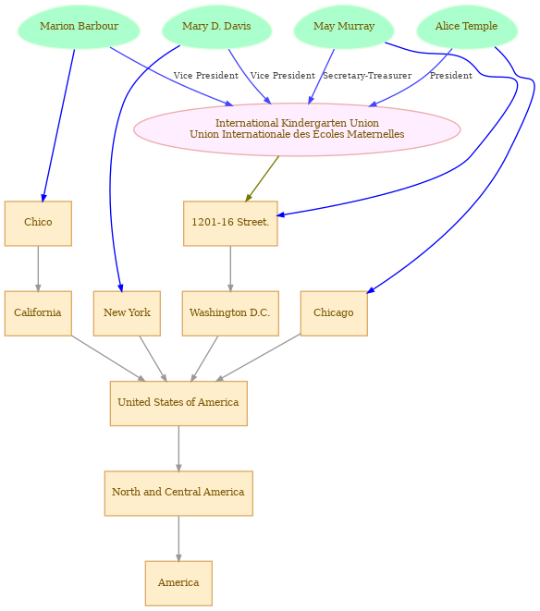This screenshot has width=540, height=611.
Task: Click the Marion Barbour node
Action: (x=79, y=27)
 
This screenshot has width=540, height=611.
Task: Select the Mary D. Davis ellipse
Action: (x=216, y=27)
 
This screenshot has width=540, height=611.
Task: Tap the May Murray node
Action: (x=344, y=27)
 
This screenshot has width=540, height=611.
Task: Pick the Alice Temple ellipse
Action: (x=467, y=27)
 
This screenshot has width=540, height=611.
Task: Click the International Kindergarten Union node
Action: (x=297, y=129)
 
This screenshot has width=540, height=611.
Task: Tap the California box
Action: (x=38, y=313)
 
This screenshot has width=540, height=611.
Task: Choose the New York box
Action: (x=127, y=313)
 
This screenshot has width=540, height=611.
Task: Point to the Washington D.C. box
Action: (x=230, y=313)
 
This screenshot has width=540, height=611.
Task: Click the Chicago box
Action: (x=334, y=313)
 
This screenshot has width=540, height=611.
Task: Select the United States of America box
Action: (x=178, y=403)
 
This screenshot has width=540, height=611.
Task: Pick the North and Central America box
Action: (x=178, y=494)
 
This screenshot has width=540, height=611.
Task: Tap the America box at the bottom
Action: (x=178, y=583)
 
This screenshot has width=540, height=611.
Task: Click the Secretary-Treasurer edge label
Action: (x=367, y=76)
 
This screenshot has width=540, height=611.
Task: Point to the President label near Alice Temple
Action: (x=451, y=76)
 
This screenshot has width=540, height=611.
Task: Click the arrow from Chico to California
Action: (x=38, y=268)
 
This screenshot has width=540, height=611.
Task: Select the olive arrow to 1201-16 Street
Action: (x=263, y=178)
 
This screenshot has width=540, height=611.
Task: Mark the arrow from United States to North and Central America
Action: (x=178, y=448)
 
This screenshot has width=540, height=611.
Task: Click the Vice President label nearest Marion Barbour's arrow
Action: (x=206, y=76)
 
